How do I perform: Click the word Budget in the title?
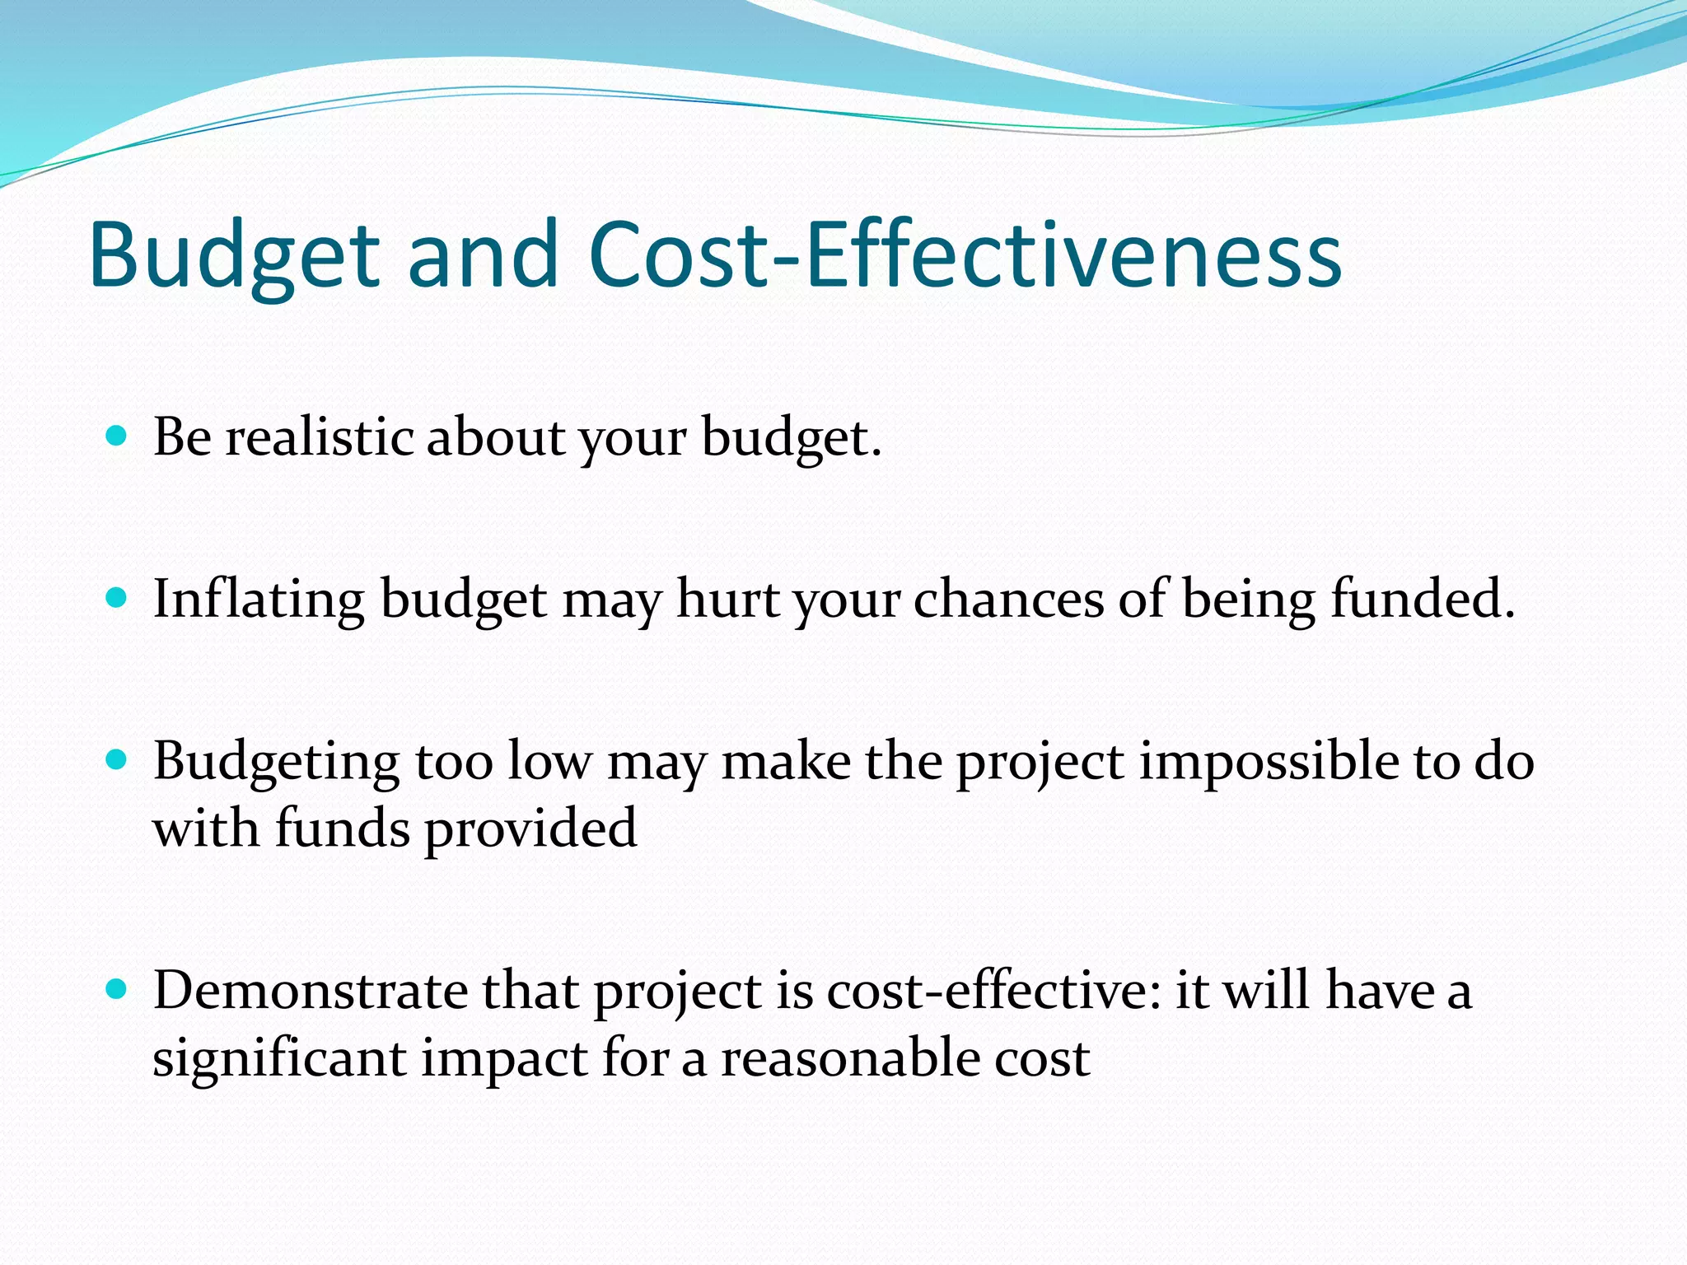tap(234, 255)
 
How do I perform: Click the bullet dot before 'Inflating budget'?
tap(117, 597)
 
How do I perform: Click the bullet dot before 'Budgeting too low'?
tap(117, 759)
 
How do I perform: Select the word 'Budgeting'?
tap(277, 762)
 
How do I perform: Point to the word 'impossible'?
tap(1269, 762)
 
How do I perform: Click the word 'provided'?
tap(530, 829)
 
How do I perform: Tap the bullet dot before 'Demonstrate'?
tap(117, 988)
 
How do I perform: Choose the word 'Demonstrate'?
tap(311, 991)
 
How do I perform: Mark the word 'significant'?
tap(279, 1059)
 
